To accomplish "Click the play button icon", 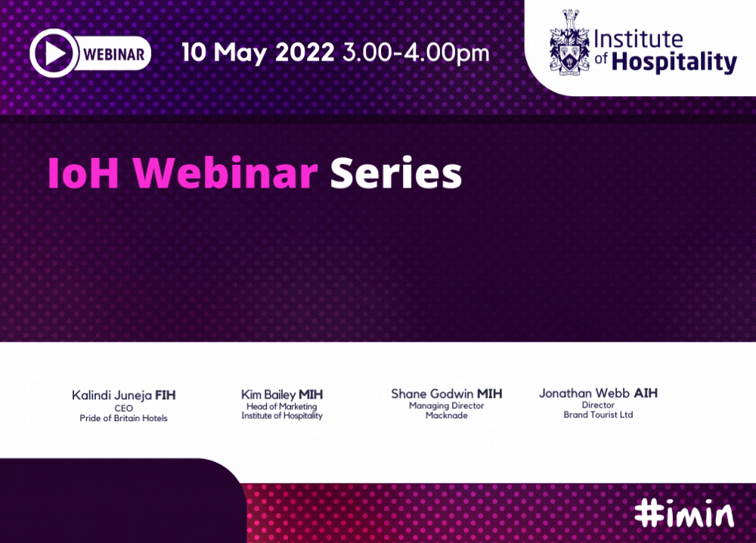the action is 53,53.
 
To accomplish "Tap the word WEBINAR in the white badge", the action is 114,54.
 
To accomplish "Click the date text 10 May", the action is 224,53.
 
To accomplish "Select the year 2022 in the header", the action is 305,52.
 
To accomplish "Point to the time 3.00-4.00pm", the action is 416,53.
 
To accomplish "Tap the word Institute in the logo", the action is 638,39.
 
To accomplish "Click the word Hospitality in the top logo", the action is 674,62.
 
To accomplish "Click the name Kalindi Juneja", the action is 112,396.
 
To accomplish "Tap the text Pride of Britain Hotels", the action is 123,418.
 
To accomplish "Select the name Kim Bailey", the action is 268,395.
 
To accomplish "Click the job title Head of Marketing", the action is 281,407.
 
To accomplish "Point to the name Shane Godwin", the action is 432,394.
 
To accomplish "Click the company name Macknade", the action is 447,415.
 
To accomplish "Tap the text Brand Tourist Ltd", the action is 598,414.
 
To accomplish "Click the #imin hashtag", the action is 684,514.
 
